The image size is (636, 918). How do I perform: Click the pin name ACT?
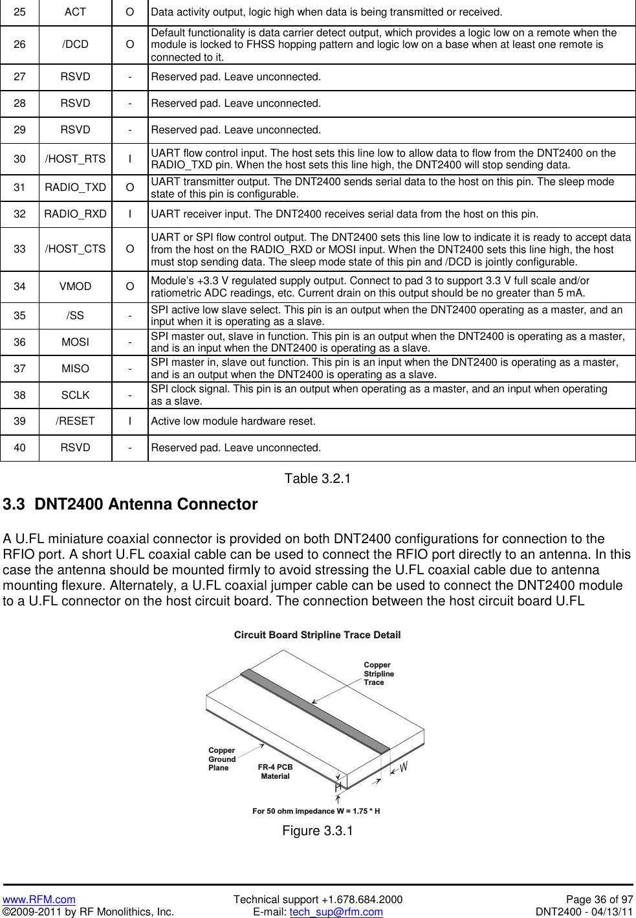pyautogui.click(x=75, y=12)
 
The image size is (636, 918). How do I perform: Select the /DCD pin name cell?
pyautogui.click(x=75, y=44)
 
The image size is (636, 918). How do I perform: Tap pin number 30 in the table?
pyautogui.click(x=19, y=159)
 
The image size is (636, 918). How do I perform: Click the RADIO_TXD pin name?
pyautogui.click(x=75, y=187)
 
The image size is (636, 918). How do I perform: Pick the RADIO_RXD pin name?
pyautogui.click(x=75, y=214)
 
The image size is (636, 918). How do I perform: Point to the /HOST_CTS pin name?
pyautogui.click(x=75, y=249)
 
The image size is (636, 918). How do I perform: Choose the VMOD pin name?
pyautogui.click(x=75, y=286)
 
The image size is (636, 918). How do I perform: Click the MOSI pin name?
pyautogui.click(x=75, y=342)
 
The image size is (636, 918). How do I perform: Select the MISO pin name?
pyautogui.click(x=75, y=368)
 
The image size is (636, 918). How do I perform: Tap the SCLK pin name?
pyautogui.click(x=75, y=395)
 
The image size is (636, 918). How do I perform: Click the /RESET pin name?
pyautogui.click(x=75, y=421)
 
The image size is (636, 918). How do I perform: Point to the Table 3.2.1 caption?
pyautogui.click(x=317, y=478)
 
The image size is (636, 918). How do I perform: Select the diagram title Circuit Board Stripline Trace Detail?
pyautogui.click(x=317, y=635)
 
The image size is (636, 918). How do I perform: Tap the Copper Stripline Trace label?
pyautogui.click(x=378, y=673)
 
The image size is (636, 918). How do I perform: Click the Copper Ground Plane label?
pyautogui.click(x=221, y=759)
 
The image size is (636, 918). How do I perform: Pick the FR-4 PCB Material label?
pyautogui.click(x=275, y=771)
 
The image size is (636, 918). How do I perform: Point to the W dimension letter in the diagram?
pyautogui.click(x=404, y=767)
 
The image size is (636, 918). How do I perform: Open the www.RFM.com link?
pyautogui.click(x=39, y=899)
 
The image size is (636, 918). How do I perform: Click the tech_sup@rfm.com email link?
pyautogui.click(x=336, y=912)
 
